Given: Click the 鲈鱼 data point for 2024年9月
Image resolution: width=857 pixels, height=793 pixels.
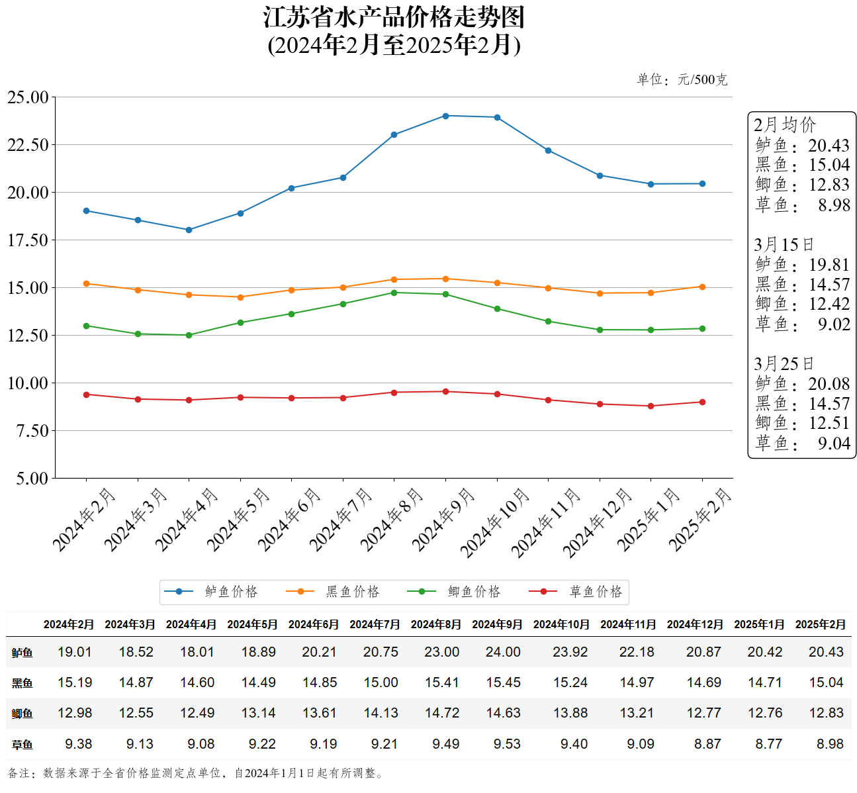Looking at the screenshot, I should coord(445,116).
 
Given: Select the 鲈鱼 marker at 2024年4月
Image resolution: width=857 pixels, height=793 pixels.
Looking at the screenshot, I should coord(189,230).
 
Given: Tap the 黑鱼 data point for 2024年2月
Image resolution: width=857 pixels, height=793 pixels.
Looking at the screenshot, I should coord(86,283).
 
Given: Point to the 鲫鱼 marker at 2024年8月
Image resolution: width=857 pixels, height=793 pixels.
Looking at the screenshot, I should coord(394,293).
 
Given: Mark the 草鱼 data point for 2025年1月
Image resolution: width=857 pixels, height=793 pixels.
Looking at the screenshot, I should coord(651,406).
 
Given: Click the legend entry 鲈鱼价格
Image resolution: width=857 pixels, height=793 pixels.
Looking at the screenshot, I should coord(211,591).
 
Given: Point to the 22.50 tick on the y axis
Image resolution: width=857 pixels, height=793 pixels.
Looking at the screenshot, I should coord(28,145).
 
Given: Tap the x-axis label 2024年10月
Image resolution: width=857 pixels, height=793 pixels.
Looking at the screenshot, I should coord(495,523).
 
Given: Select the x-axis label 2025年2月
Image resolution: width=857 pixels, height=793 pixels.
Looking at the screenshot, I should coord(700,520).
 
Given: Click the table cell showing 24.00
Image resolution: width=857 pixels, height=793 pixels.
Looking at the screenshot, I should coord(503,652).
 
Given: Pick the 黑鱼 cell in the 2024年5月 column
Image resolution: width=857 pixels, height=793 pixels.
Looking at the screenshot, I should coord(258,682).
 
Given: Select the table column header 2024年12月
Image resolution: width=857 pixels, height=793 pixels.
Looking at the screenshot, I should coord(695,624).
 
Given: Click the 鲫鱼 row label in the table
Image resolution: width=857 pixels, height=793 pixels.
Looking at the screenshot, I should coord(22,714).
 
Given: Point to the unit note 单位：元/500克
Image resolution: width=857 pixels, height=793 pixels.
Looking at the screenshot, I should coord(682,80).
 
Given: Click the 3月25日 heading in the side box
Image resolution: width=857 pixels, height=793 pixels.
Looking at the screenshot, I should coord(784,364).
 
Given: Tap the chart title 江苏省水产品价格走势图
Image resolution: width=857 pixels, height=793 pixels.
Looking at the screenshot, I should coord(394,18).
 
